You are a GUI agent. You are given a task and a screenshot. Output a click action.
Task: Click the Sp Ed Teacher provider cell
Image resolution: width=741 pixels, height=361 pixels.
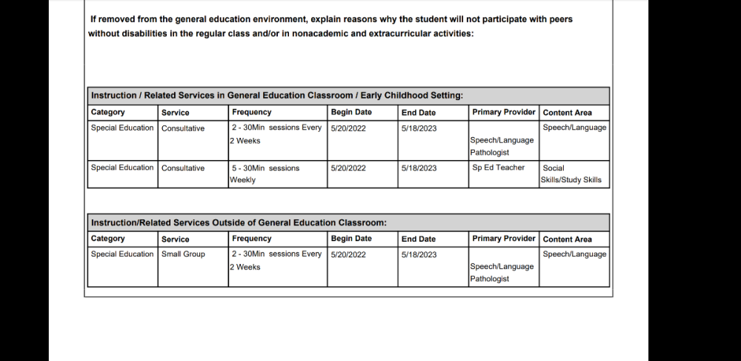498,168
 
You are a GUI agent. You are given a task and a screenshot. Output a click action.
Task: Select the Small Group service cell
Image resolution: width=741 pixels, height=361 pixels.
183,254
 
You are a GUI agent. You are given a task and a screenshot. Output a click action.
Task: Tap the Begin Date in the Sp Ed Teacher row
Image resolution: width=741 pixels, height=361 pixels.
348,168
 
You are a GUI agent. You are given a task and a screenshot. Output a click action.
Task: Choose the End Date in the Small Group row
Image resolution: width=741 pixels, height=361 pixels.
419,254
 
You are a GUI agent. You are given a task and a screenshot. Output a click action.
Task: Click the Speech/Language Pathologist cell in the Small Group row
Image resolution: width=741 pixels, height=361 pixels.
502,272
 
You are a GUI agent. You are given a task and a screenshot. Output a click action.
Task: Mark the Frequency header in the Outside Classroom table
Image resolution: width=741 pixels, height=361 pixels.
252,239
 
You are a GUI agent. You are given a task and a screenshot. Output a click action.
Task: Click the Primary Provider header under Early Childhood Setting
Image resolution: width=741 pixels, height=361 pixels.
504,112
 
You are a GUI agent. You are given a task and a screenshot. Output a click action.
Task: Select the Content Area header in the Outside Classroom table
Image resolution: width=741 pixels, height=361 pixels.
567,239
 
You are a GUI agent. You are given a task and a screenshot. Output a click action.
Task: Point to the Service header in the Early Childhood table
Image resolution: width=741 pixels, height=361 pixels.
176,113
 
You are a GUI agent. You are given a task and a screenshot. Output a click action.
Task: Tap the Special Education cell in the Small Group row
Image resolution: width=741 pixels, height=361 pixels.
122,254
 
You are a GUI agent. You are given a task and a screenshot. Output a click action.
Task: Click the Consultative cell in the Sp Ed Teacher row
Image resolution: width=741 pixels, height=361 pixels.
183,168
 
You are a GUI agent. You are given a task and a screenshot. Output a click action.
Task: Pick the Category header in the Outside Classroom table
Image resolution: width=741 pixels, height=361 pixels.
108,239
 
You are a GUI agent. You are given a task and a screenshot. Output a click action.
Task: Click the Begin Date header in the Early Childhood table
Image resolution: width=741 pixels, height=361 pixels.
351,112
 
